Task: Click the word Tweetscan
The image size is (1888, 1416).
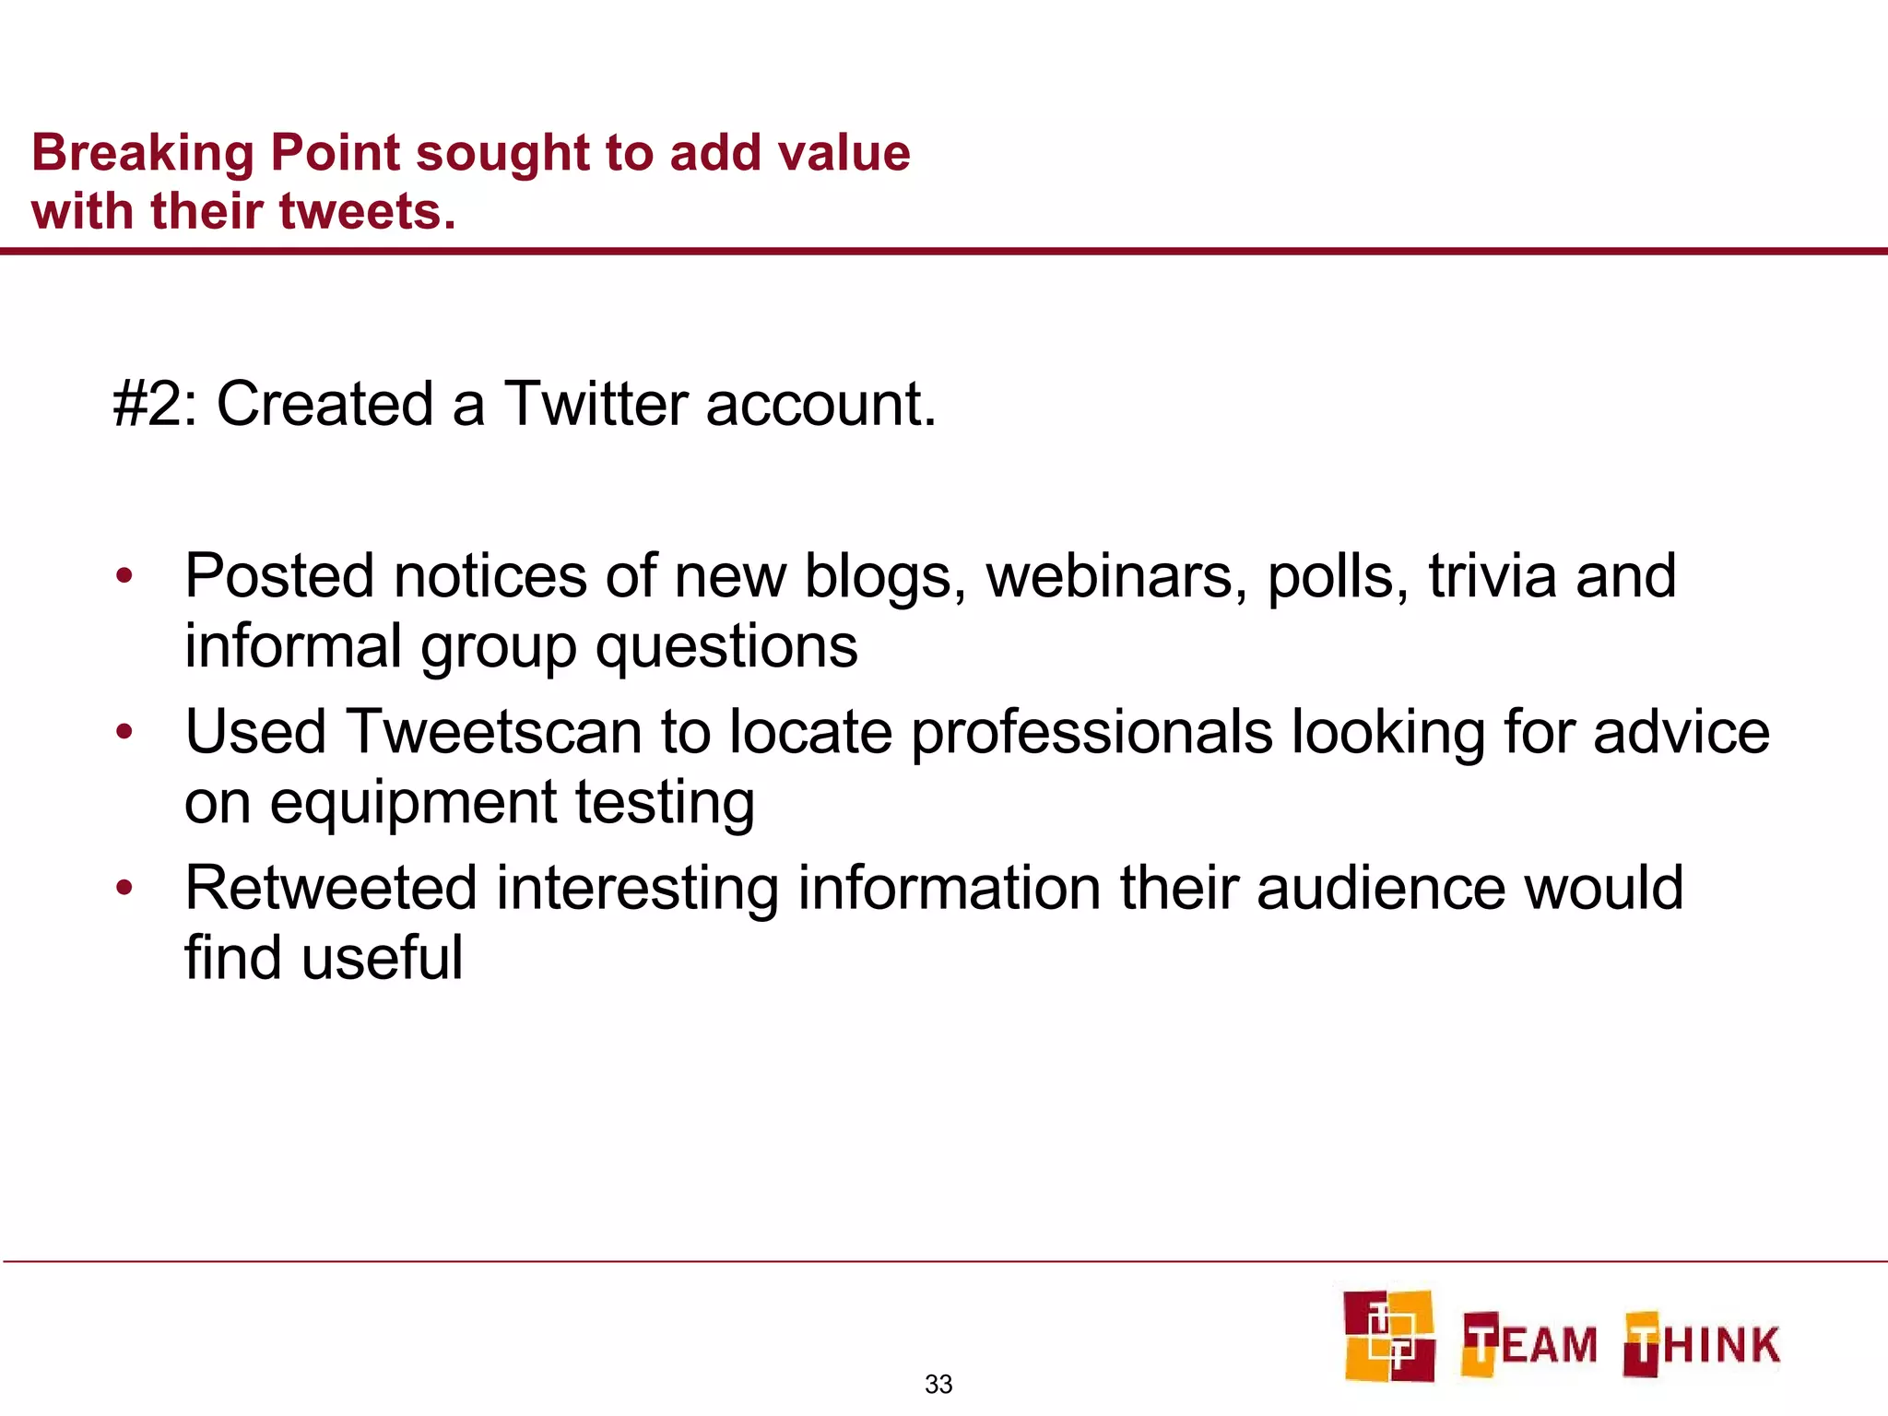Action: (x=493, y=733)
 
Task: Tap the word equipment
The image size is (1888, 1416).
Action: (x=412, y=803)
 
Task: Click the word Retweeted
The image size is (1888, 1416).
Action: (x=330, y=889)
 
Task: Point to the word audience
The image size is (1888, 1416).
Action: (x=1379, y=889)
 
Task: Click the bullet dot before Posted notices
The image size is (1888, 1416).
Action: (x=124, y=578)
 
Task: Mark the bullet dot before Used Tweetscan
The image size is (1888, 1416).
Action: (x=124, y=734)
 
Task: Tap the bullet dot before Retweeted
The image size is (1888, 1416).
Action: (x=124, y=890)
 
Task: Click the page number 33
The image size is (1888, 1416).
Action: (x=938, y=1385)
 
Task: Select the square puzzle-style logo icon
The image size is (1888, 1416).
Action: (x=1388, y=1336)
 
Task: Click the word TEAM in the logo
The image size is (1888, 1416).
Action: (x=1529, y=1345)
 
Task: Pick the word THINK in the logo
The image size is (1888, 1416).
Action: (x=1702, y=1345)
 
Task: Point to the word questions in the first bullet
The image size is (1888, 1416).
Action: (x=726, y=647)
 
